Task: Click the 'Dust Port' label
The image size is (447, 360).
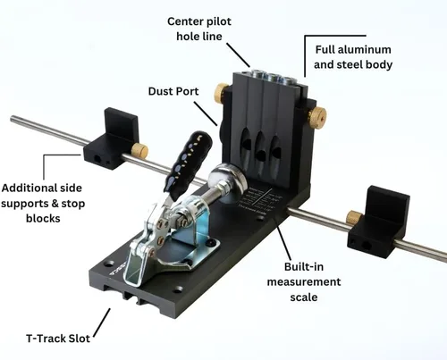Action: click(173, 91)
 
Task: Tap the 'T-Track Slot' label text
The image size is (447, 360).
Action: click(58, 339)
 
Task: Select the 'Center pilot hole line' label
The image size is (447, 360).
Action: click(199, 29)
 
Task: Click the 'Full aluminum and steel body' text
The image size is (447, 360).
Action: click(353, 57)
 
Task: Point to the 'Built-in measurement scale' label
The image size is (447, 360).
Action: click(304, 281)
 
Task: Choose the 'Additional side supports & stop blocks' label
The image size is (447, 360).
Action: click(43, 203)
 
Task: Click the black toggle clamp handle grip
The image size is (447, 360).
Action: click(188, 163)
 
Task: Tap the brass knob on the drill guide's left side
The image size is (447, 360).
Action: click(221, 93)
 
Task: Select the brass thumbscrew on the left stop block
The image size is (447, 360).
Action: click(140, 150)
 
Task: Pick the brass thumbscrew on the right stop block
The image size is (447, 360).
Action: click(354, 217)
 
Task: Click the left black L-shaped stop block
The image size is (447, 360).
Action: click(113, 139)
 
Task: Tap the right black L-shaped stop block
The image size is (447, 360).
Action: click(379, 222)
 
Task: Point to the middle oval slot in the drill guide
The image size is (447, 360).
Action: click(260, 149)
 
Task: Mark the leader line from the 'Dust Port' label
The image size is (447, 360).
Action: click(206, 113)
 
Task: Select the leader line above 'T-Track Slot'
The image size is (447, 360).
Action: click(102, 322)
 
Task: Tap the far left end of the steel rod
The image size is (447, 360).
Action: click(12, 119)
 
